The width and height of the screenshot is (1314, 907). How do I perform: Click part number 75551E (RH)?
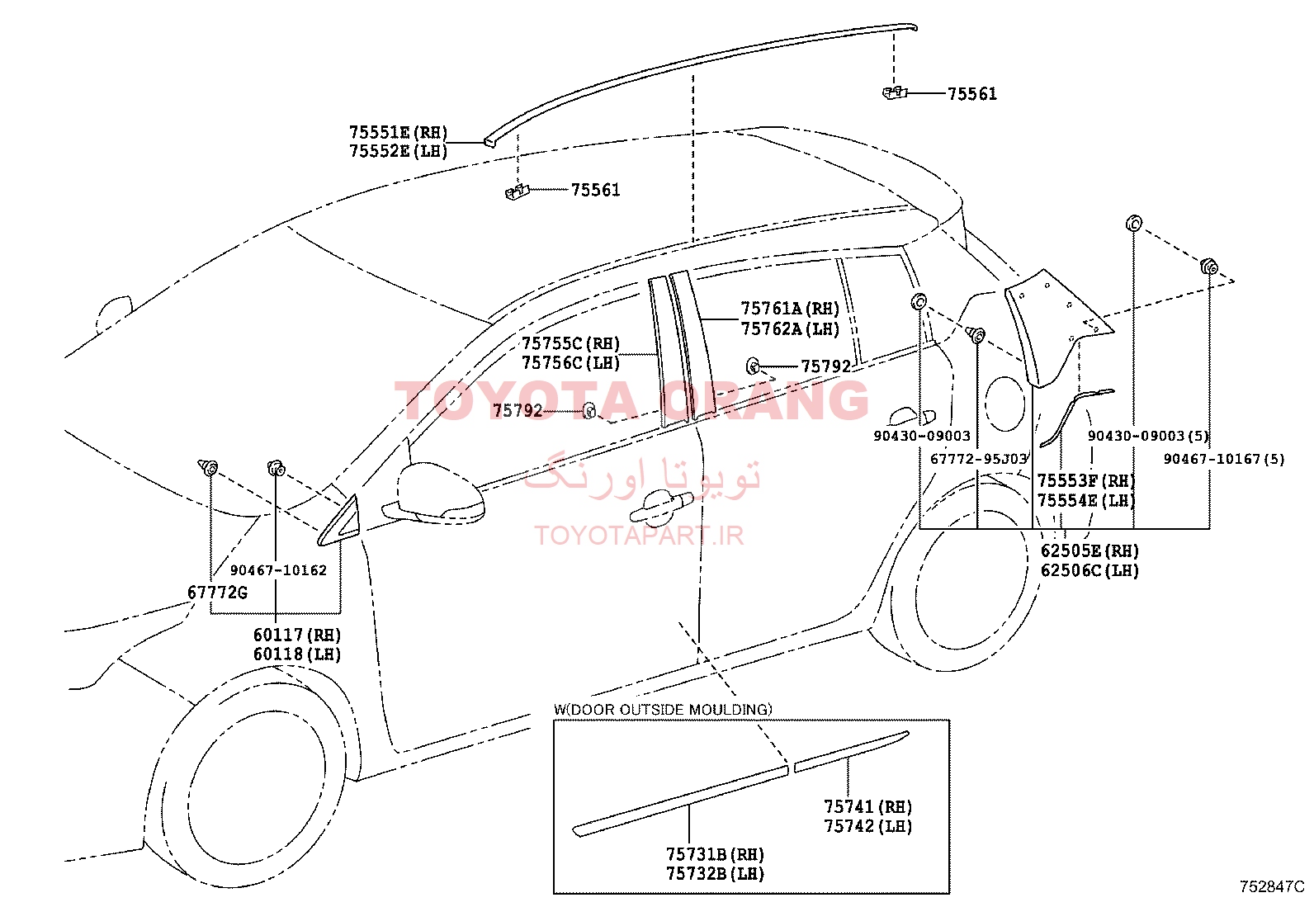[x=399, y=132]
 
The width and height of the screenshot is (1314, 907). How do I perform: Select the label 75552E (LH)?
[x=399, y=151]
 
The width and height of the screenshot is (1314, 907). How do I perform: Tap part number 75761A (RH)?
[x=790, y=309]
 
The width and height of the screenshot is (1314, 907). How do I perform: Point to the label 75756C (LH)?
[x=571, y=363]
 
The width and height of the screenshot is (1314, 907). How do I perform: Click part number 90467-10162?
[x=278, y=570]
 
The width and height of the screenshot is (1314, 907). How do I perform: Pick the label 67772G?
[x=218, y=593]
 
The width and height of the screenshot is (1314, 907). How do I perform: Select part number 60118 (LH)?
[x=297, y=654]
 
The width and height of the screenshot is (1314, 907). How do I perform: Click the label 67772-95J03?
[x=978, y=459]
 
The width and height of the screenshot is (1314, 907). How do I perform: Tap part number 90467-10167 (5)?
[x=1224, y=459]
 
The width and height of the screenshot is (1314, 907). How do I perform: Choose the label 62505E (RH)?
[x=1090, y=551]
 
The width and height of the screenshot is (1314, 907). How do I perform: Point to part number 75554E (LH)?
[x=1086, y=501]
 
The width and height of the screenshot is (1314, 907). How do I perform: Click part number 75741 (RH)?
[x=868, y=807]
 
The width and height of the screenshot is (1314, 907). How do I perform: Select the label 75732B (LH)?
[x=715, y=874]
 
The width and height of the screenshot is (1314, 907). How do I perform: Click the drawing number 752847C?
[x=1272, y=886]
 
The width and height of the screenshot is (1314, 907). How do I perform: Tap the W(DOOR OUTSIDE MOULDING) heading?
[x=664, y=710]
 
